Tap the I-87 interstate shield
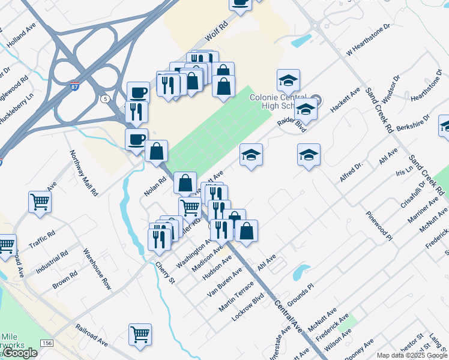tap(74, 86)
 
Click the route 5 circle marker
tap(106, 98)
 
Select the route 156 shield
tap(46, 343)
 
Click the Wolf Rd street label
tap(217, 29)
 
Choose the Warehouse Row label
tap(97, 269)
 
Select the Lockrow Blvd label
tap(248, 305)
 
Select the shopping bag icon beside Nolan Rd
tap(156, 152)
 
